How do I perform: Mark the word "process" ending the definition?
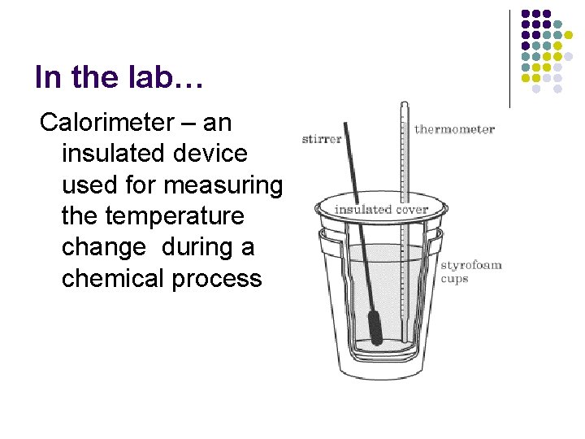click(x=217, y=278)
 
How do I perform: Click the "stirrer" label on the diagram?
click(x=322, y=139)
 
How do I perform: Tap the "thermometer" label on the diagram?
click(x=454, y=129)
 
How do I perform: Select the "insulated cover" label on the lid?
click(x=381, y=210)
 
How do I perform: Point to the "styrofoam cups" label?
click(x=470, y=272)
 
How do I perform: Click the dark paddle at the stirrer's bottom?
click(x=375, y=326)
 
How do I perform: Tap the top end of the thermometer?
click(x=403, y=105)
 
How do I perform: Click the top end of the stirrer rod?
click(x=346, y=124)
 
